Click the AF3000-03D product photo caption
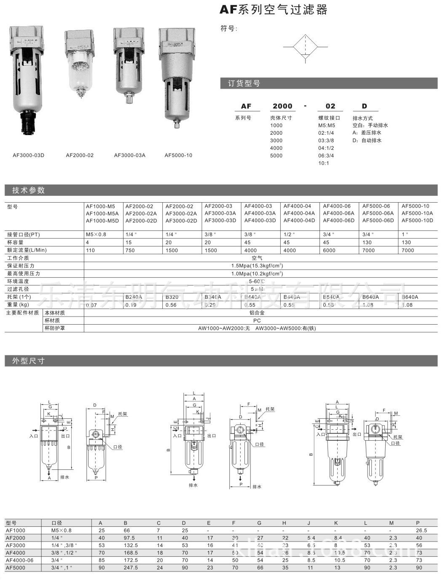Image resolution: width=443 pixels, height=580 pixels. coord(28,155)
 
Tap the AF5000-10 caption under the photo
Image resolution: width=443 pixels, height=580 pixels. coord(178,155)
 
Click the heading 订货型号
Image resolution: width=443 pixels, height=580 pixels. coord(244,84)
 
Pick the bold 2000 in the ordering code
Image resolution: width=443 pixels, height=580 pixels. coord(282,106)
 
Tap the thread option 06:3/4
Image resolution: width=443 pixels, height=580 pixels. coord(326,155)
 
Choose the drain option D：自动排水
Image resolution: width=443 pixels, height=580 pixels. coord(367,140)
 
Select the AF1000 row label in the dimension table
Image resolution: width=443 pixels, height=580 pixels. coord(16,530)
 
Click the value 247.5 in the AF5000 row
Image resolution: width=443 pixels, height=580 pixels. coord(131,568)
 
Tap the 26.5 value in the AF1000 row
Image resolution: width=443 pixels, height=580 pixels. coord(421,531)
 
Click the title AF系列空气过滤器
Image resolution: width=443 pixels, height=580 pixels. coord(274,10)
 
